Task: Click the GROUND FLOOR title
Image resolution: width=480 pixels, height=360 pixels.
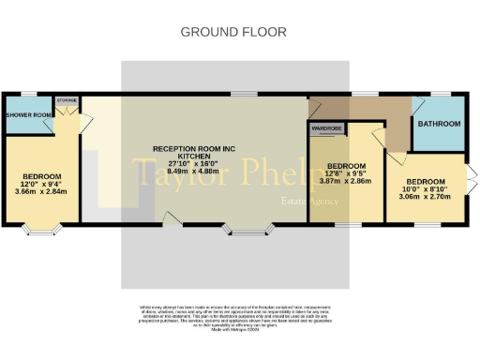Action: pos(233,32)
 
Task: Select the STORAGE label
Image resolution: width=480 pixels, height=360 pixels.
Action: pos(67,99)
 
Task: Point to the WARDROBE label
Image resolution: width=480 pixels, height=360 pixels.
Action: pos(325,127)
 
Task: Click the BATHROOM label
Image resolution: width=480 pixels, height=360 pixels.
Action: pos(439,124)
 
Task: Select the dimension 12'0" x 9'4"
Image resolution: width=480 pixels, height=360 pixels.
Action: pos(43,185)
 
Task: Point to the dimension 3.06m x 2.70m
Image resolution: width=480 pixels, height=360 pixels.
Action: pos(426,196)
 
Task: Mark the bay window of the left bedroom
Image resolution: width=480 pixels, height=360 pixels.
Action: pos(43,228)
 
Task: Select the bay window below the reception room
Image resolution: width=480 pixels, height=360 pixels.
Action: pos(247,229)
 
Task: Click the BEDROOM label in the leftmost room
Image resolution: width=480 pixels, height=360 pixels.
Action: pos(43,177)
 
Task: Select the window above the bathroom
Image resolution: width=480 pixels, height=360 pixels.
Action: pos(439,95)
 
